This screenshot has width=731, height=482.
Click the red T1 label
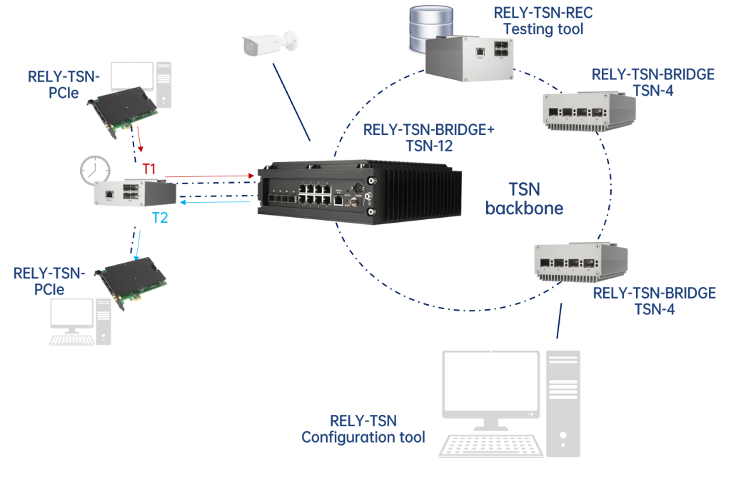tap(149, 169)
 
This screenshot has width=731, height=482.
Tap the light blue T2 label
tap(159, 217)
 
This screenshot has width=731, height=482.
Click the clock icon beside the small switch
tap(96, 170)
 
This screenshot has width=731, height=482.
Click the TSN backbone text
tap(525, 199)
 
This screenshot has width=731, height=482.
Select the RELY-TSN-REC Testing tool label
tap(543, 21)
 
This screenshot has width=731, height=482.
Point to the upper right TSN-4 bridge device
tap(589, 111)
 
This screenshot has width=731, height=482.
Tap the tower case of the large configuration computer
tap(564, 400)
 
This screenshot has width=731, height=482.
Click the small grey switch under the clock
tap(135, 192)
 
